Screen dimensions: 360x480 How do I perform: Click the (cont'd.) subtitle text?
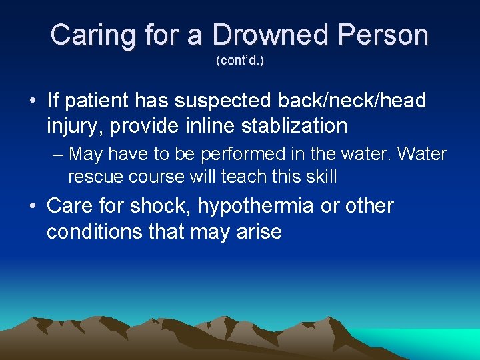(x=240, y=61)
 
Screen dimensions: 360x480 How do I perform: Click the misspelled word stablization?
(x=290, y=125)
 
